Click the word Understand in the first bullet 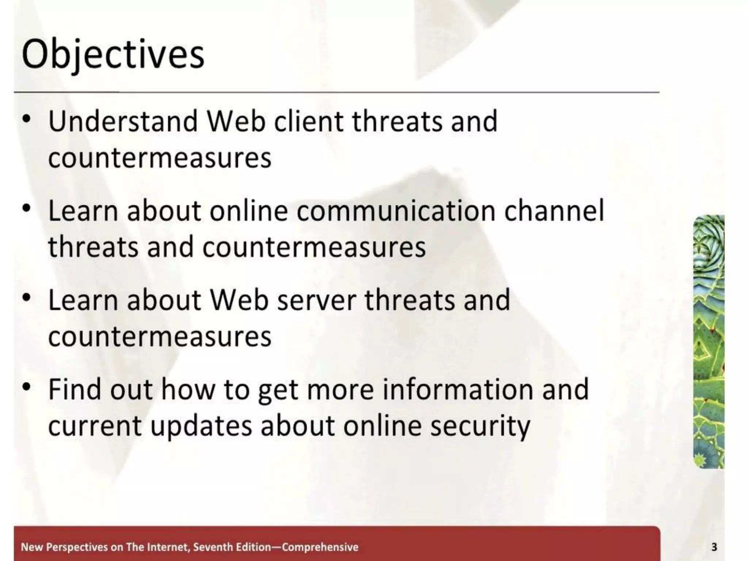[x=123, y=121]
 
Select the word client [x=309, y=121]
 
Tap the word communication [x=396, y=211]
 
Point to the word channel [x=554, y=211]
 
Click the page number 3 [x=714, y=547]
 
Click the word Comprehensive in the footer [x=320, y=547]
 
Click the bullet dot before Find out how [x=26, y=387]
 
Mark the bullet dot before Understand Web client [x=26, y=119]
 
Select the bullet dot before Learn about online [x=26, y=209]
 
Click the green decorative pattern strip [x=709, y=341]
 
